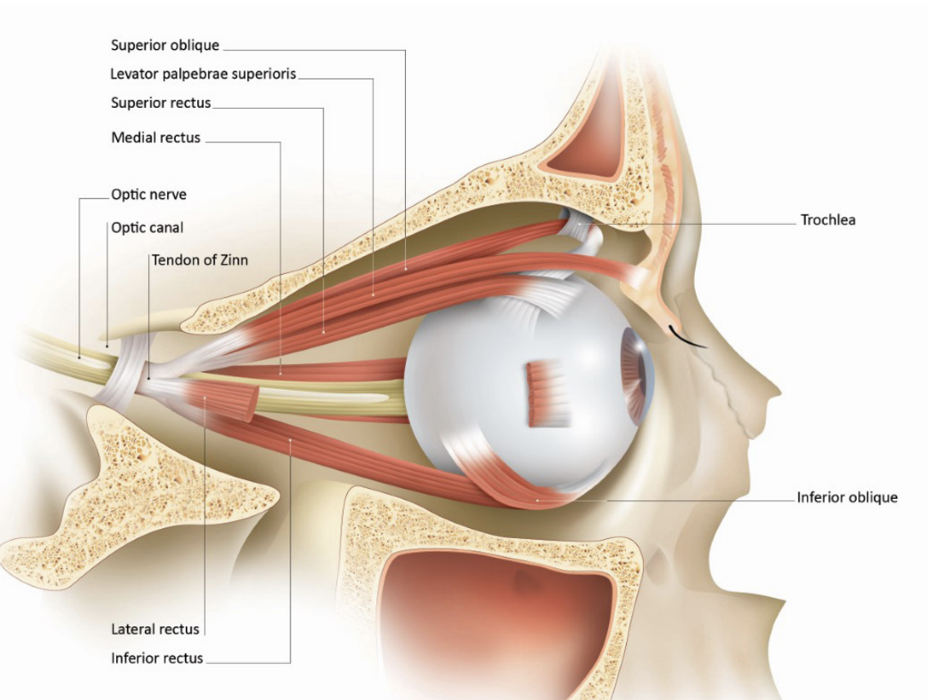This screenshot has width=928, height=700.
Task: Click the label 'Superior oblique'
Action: tap(164, 45)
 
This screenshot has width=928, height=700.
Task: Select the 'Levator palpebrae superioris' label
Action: tap(203, 74)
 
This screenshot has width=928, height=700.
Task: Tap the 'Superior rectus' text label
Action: tap(161, 103)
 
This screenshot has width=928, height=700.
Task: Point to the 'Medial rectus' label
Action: tap(155, 137)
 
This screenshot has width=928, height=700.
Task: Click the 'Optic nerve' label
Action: tap(148, 195)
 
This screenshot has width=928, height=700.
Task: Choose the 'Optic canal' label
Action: tap(147, 227)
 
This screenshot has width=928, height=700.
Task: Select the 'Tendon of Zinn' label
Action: tap(200, 260)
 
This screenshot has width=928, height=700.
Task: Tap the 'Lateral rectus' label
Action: tap(155, 629)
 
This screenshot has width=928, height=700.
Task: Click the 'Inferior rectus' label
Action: tap(157, 657)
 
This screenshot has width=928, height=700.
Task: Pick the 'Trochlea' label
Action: tap(828, 220)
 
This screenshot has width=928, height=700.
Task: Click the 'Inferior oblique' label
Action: tap(847, 497)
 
